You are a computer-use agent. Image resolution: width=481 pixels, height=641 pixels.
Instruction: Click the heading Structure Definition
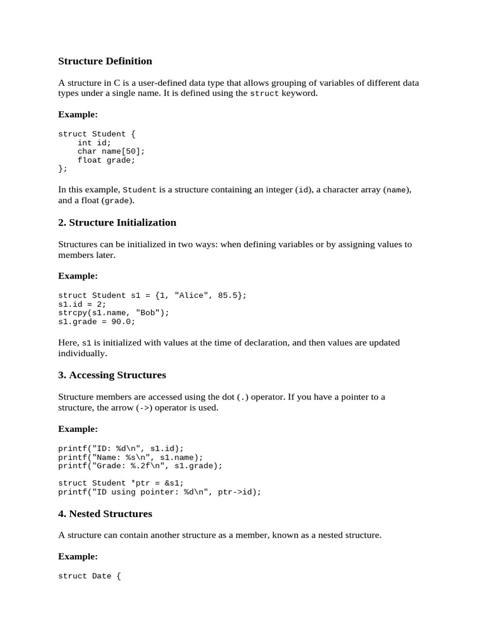click(105, 61)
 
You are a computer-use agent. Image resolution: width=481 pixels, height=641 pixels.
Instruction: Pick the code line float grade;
click(106, 160)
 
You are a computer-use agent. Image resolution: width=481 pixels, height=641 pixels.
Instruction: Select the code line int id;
click(94, 143)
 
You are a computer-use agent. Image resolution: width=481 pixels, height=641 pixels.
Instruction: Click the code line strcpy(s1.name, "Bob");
click(113, 313)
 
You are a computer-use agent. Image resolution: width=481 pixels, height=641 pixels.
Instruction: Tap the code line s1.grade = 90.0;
click(96, 322)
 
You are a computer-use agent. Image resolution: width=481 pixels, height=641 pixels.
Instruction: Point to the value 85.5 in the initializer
click(227, 295)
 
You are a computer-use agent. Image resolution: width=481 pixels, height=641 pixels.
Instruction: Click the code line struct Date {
click(89, 577)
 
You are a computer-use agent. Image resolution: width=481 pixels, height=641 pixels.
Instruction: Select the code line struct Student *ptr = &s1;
click(121, 483)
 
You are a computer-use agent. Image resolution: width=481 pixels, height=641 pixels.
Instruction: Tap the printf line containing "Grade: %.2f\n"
click(140, 466)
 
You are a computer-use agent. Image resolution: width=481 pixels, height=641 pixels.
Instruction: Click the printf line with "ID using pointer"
click(160, 492)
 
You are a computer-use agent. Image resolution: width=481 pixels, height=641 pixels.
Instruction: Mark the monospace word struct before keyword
click(264, 94)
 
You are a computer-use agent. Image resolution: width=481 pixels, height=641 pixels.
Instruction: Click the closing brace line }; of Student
click(63, 169)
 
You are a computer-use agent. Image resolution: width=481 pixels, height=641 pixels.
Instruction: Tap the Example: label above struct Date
click(78, 556)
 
